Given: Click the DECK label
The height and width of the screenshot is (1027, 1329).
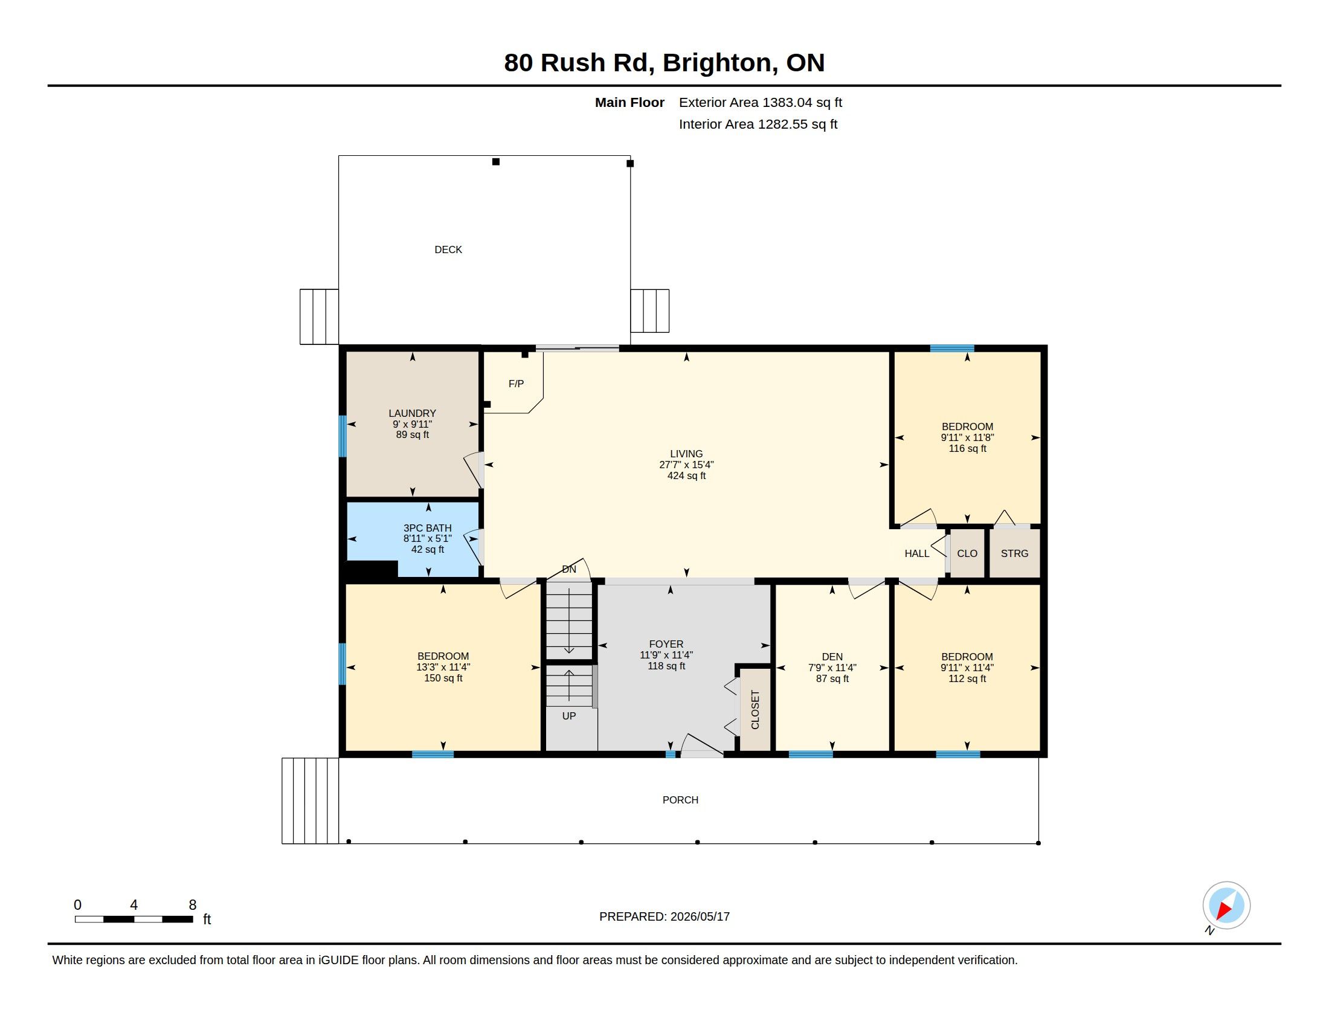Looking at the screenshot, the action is (x=448, y=250).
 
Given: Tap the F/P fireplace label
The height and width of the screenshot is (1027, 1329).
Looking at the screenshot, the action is (x=516, y=383).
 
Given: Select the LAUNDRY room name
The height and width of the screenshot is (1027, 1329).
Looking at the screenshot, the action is (x=412, y=413).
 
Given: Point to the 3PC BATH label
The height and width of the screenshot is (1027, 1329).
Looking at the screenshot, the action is (x=427, y=528).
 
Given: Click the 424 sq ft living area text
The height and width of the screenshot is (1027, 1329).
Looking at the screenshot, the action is (x=686, y=476).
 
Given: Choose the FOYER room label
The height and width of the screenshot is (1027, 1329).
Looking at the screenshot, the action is (x=666, y=644).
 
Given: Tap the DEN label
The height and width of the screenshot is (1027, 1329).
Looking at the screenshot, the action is (x=832, y=657).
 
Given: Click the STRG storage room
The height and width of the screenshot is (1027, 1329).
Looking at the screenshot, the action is (x=1014, y=553).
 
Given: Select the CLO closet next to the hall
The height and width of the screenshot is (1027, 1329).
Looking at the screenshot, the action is (x=967, y=553).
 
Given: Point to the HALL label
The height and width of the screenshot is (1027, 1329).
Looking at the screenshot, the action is (x=916, y=553).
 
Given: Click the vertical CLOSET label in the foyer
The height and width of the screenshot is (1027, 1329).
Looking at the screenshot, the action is (x=755, y=709).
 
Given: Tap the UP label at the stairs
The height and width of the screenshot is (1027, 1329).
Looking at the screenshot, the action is (x=569, y=715).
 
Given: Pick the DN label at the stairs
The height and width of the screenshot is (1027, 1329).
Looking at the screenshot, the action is (x=569, y=569).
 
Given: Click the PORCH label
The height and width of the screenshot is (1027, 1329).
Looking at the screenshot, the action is (x=680, y=799).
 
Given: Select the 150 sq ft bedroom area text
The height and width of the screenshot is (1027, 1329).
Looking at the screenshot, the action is (x=443, y=678).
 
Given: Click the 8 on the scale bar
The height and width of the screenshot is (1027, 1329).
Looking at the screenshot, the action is (x=192, y=905).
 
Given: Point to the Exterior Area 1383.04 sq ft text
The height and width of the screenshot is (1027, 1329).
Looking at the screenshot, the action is (x=761, y=102).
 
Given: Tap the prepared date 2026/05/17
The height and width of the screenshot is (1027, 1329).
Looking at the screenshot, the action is (x=700, y=916).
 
